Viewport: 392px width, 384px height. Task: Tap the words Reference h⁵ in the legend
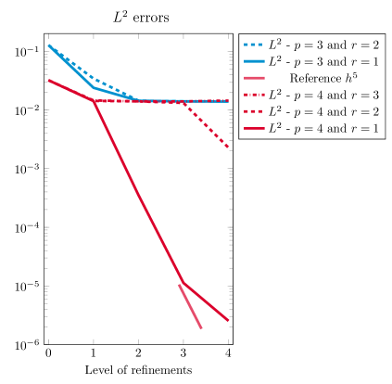[x=323, y=78]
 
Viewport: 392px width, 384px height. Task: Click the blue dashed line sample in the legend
[x=253, y=44]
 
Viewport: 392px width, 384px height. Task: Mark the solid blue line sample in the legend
[x=253, y=60]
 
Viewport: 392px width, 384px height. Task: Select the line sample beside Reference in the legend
[x=253, y=78]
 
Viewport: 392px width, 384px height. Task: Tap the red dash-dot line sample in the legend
[x=253, y=95]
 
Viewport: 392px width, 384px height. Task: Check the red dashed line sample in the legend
[x=253, y=111]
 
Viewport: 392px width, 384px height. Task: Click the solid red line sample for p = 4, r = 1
[x=253, y=129]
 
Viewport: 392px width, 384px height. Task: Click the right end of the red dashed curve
[x=228, y=147]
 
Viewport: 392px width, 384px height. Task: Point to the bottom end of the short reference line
[x=201, y=327]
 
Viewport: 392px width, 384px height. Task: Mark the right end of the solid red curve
[x=228, y=321]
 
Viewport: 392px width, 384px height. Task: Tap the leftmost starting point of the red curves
[x=48, y=80]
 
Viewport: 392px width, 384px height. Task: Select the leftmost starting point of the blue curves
[x=48, y=45]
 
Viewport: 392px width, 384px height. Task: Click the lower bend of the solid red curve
[x=183, y=282]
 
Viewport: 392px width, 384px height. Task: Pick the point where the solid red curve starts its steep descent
[x=94, y=100]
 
